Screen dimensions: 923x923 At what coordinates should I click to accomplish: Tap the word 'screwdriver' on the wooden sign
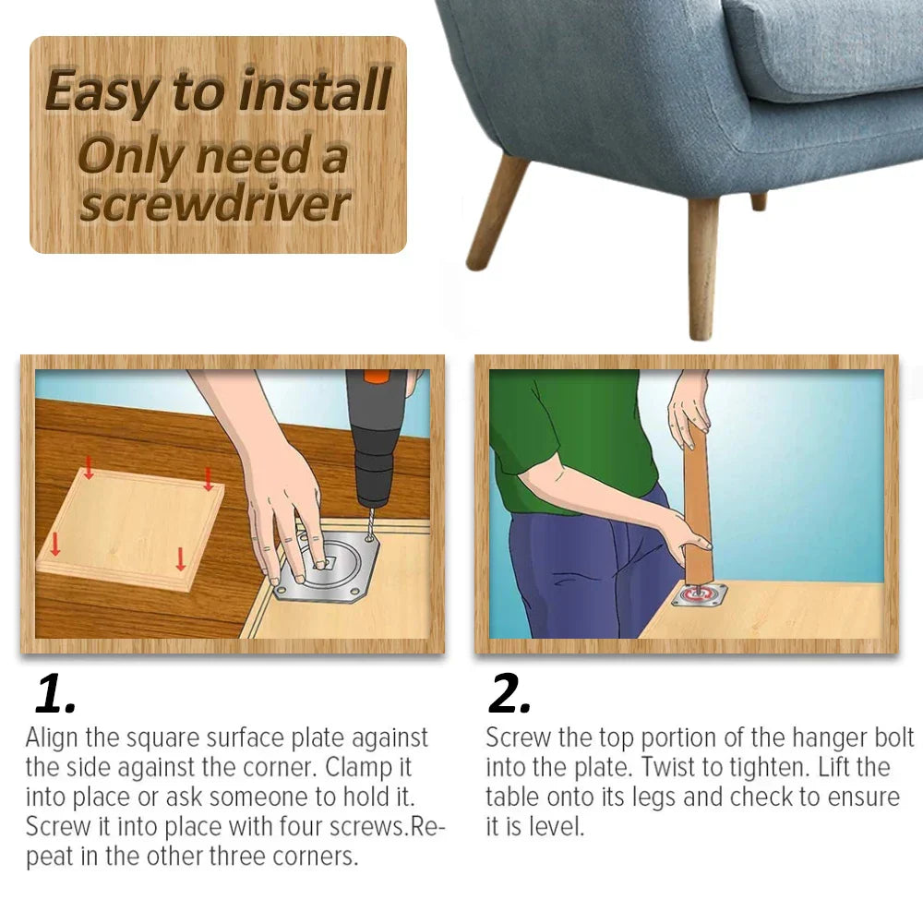[x=214, y=204]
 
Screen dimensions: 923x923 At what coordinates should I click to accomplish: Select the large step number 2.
[x=509, y=694]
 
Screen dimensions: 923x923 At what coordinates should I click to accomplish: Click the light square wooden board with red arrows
[x=129, y=526]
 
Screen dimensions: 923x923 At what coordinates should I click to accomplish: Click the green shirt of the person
[x=563, y=434]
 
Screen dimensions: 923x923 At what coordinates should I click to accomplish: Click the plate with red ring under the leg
[x=699, y=595]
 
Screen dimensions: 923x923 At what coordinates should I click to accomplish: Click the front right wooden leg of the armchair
[x=703, y=268]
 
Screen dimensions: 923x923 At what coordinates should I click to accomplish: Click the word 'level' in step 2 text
[x=557, y=826]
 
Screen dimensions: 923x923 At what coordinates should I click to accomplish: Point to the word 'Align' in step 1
[x=52, y=738]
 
